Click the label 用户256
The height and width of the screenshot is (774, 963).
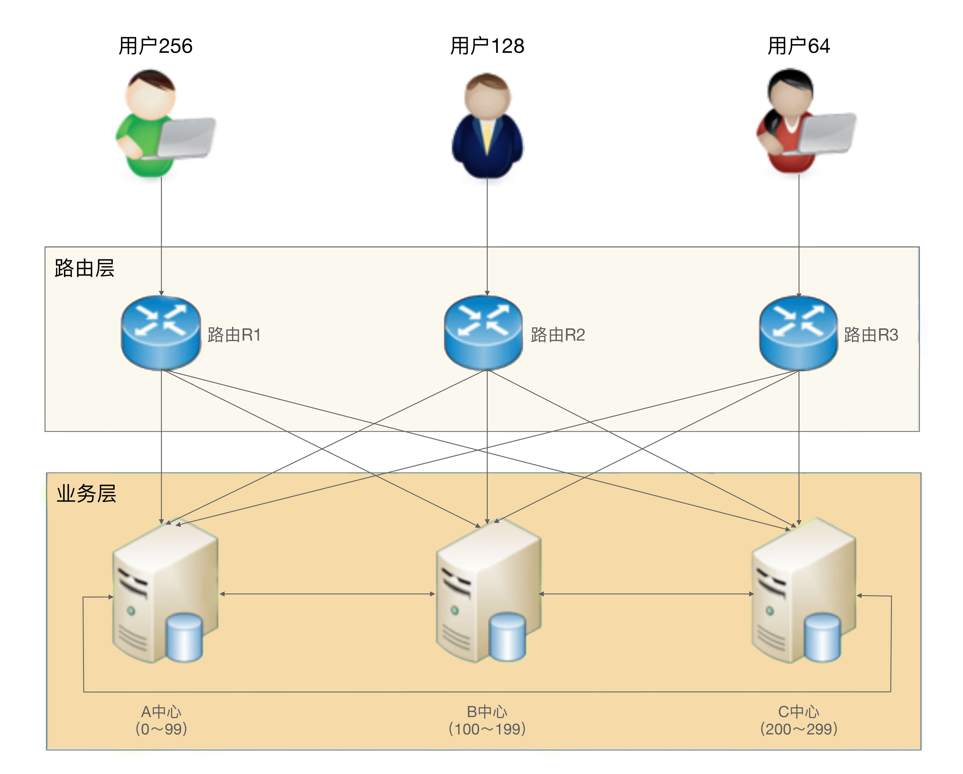(x=155, y=46)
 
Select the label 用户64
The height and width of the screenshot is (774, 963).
(x=799, y=46)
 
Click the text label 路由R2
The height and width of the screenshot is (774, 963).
(x=558, y=335)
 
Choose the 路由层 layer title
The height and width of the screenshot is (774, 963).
(x=84, y=268)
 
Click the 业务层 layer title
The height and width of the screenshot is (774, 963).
(x=86, y=494)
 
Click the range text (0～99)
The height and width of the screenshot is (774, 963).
(x=161, y=729)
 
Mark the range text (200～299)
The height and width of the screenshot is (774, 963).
(x=799, y=729)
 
